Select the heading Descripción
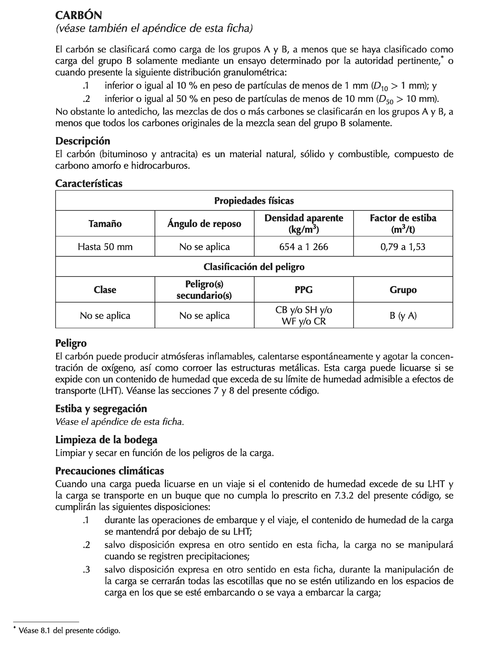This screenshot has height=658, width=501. point(83,141)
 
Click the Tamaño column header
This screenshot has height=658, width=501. point(105,224)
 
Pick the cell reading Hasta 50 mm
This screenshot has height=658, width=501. point(105,247)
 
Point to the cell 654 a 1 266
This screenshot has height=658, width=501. point(304,247)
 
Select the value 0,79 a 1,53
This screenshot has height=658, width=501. point(403,247)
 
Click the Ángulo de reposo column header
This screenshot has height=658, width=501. point(204,224)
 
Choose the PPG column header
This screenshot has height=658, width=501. point(304,290)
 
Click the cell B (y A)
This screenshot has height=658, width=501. point(403,316)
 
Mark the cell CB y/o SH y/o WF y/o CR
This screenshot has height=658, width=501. point(304,316)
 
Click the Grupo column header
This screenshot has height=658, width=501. point(403,290)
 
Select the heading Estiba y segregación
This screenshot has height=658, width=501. point(101,409)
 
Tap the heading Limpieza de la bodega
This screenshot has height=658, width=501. point(106,440)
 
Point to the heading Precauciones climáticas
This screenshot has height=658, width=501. point(109,471)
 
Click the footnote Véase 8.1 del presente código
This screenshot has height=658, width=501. point(69,631)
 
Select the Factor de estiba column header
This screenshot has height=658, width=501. point(403,224)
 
